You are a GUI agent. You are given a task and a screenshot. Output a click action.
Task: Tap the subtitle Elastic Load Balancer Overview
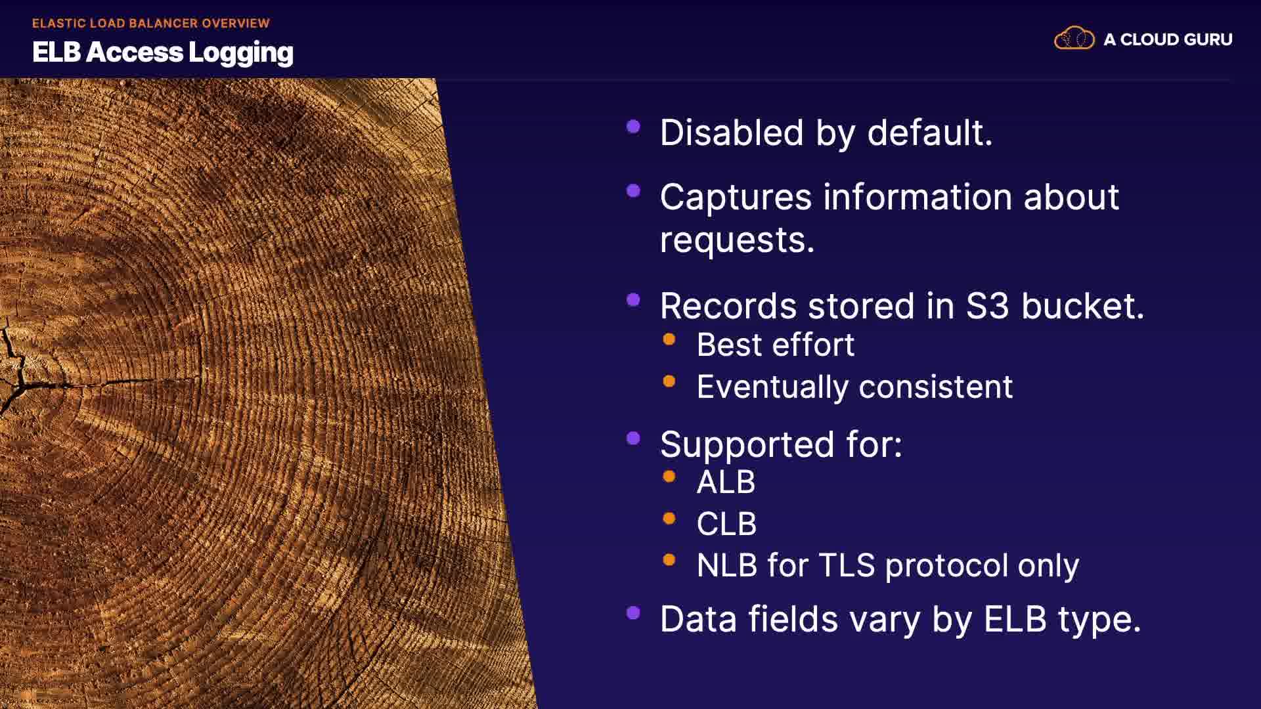click(x=151, y=23)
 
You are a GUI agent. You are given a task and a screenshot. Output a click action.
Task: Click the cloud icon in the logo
click(x=1074, y=39)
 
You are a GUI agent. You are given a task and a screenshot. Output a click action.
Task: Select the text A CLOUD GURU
click(x=1168, y=39)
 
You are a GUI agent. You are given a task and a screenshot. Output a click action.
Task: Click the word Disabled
click(x=732, y=133)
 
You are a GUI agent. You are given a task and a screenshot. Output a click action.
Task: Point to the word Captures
click(x=736, y=198)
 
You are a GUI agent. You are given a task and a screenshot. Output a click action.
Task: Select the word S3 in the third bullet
click(x=987, y=306)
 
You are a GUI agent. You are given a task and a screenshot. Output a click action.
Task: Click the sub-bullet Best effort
click(x=775, y=345)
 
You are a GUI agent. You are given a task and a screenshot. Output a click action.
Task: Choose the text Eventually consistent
click(x=854, y=387)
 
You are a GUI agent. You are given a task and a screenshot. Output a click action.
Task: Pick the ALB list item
click(x=726, y=483)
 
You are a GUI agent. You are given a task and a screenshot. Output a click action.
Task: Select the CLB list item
click(x=726, y=524)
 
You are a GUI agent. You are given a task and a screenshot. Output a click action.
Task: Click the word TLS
click(x=847, y=565)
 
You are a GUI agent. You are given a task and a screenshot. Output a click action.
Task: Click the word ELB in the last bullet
click(x=1015, y=619)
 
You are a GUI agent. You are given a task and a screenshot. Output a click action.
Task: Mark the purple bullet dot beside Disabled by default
click(x=634, y=127)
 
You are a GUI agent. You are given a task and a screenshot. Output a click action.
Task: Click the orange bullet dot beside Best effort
click(x=669, y=339)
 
